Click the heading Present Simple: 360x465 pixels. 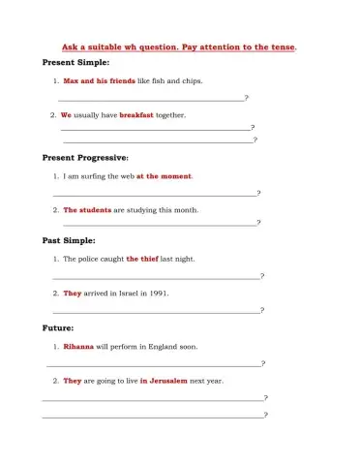click(x=76, y=63)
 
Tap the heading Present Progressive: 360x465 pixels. click(x=85, y=157)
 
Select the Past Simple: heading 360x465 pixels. click(x=69, y=240)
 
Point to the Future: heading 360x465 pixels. click(x=58, y=327)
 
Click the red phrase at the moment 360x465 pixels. click(x=164, y=176)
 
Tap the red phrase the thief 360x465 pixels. click(x=142, y=260)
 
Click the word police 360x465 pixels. click(x=88, y=260)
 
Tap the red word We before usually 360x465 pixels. click(x=66, y=114)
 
